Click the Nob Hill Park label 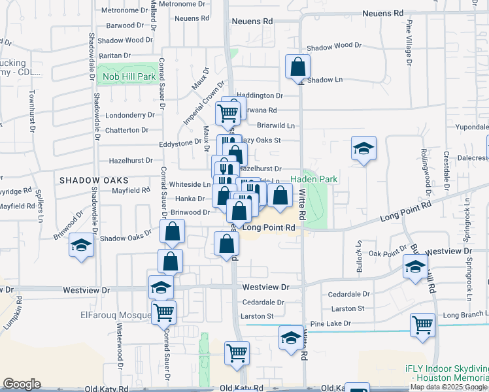click(x=129, y=77)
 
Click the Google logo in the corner click(x=22, y=384)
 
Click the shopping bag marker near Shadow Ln click(x=297, y=67)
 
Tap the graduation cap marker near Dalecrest click(x=363, y=149)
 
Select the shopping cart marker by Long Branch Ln click(x=422, y=325)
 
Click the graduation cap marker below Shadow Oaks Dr click(x=81, y=246)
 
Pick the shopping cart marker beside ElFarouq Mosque click(x=163, y=312)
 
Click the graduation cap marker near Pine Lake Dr click(x=291, y=338)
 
